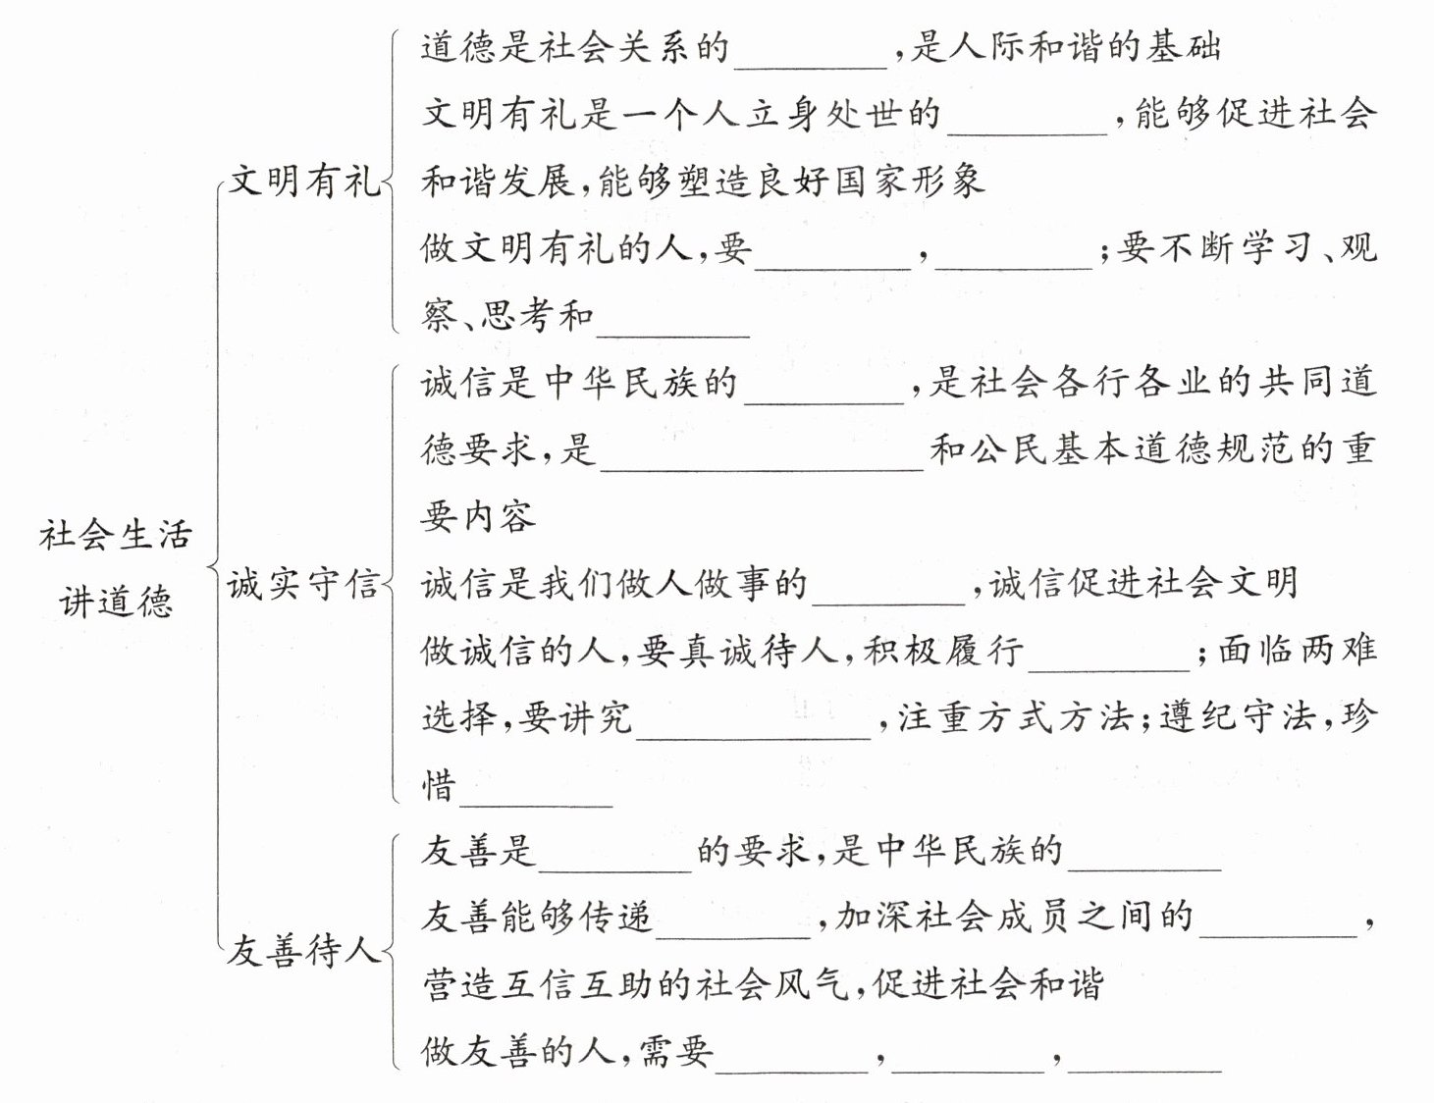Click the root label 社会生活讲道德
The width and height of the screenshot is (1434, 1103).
coord(116,568)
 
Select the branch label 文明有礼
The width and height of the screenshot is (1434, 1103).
coord(303,182)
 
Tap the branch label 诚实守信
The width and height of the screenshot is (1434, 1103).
coord(303,585)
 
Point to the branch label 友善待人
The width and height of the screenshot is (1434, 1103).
coord(303,950)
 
